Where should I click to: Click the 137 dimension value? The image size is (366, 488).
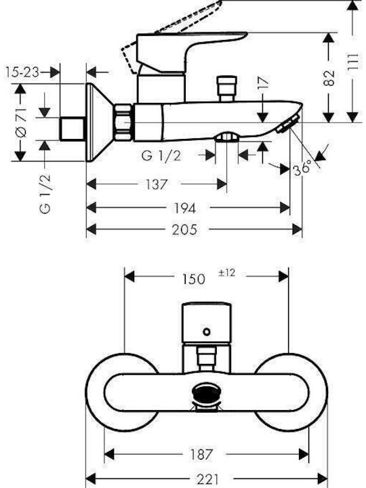tap(157, 184)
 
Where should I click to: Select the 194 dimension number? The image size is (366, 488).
tap(184, 208)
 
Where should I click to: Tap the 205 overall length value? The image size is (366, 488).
tap(184, 230)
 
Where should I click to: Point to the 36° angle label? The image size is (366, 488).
tap(302, 168)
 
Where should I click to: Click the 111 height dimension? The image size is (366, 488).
tap(352, 65)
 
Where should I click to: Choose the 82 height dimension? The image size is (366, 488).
tap(329, 78)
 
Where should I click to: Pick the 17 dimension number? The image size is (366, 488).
tap(263, 84)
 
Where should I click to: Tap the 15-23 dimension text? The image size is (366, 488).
tap(22, 73)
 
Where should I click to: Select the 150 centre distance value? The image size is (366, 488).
tap(193, 279)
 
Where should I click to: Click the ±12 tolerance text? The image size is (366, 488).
tap(227, 273)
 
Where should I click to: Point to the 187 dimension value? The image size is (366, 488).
tap(201, 454)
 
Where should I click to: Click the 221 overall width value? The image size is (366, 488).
tap(208, 479)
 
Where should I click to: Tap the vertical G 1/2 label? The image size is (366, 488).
tap(45, 194)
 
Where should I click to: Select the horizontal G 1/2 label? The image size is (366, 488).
tap(161, 156)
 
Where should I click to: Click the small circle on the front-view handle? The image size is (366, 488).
tap(206, 331)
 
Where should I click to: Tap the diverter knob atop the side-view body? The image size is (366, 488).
tap(228, 88)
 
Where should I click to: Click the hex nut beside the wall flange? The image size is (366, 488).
tap(123, 122)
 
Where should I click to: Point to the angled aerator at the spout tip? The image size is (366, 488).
tap(288, 124)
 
